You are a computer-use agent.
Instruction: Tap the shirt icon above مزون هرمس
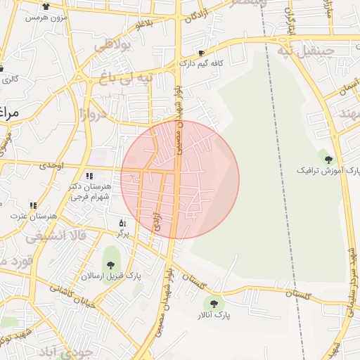point(46,6)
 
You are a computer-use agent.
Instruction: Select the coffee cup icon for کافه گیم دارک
point(202,53)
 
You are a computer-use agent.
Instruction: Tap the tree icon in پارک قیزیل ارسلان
point(111,265)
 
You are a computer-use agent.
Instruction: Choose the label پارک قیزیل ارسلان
point(110,276)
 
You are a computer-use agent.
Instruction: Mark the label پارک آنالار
point(214,316)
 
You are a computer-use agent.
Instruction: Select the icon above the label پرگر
point(122,222)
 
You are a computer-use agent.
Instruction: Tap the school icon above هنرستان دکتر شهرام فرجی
point(89,176)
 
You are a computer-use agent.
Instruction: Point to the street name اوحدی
point(51,165)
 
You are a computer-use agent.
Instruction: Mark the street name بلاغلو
point(143,24)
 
